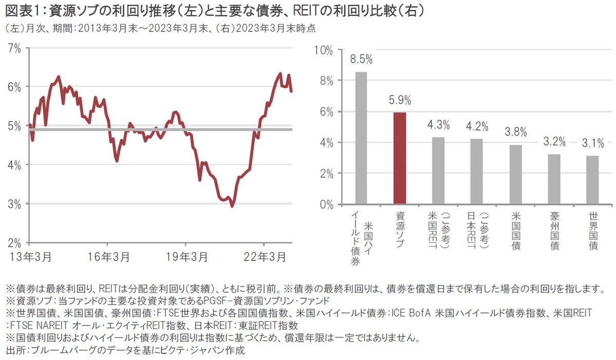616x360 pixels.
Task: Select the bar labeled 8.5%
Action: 361,138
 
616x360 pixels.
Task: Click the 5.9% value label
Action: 400,101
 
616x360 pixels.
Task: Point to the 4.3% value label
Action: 438,124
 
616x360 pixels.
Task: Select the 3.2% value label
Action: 554,142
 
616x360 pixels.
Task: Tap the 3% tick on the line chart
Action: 14,204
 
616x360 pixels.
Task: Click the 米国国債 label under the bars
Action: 515,231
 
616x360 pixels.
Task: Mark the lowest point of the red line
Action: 232,206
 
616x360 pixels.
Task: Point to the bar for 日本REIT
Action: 477,172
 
